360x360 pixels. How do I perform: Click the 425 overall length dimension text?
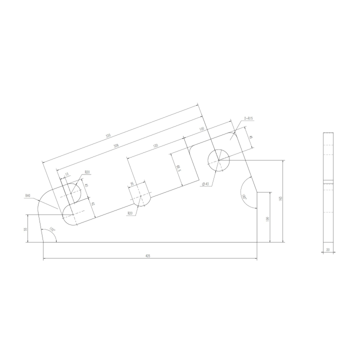click(x=148, y=255)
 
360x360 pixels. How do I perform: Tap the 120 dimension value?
click(x=155, y=145)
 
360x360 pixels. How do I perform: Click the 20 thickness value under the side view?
click(x=328, y=249)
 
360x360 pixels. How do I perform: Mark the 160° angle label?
click(x=244, y=196)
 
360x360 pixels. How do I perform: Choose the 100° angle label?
click(x=51, y=229)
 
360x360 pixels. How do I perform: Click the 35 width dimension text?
click(x=132, y=184)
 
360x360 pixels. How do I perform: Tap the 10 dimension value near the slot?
click(x=66, y=175)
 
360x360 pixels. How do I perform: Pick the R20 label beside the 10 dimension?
click(x=87, y=172)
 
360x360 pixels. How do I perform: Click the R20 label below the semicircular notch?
click(x=130, y=213)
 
